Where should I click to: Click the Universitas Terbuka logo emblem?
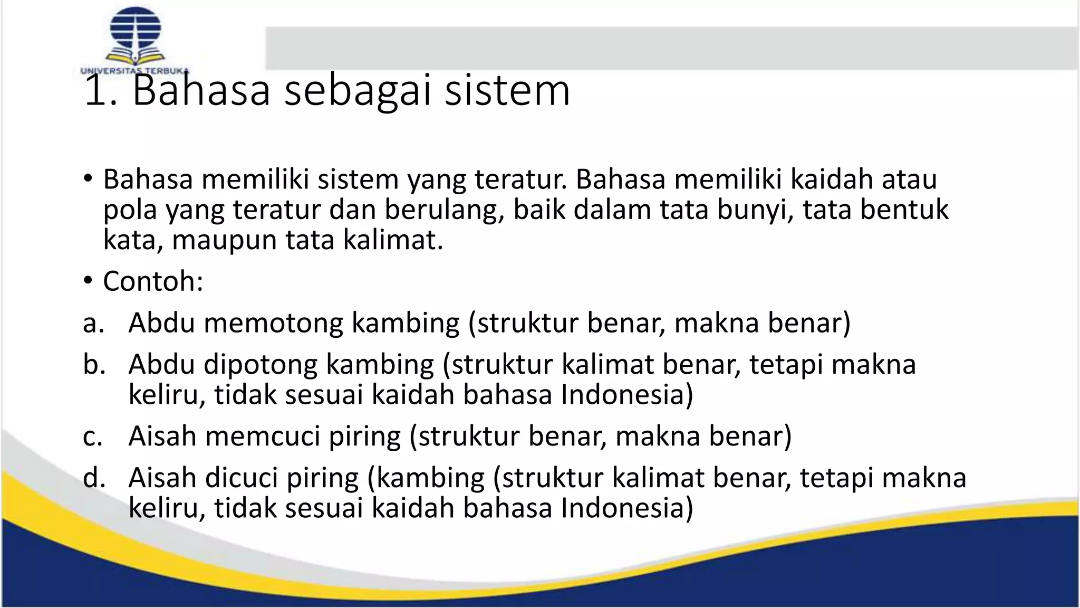[x=135, y=36]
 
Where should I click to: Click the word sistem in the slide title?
[x=507, y=90]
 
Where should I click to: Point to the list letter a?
[x=93, y=322]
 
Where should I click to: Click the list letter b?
[x=93, y=364]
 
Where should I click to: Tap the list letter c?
[x=92, y=436]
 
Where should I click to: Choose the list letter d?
[x=93, y=478]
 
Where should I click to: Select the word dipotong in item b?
[x=261, y=364]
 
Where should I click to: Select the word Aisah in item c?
[x=162, y=436]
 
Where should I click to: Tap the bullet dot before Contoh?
[x=88, y=281]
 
